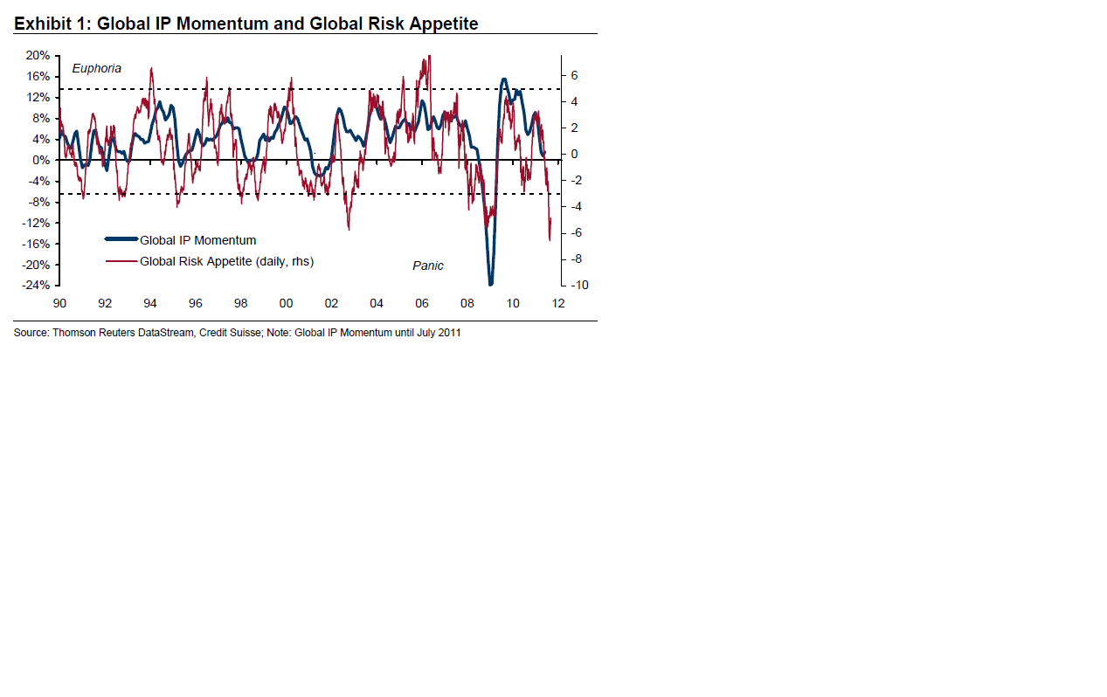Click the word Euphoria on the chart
point(96,68)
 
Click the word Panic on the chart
point(428,266)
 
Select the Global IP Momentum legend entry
point(197,240)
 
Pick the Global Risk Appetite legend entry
point(226,260)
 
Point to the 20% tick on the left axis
point(38,55)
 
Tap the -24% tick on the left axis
point(36,286)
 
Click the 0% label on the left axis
point(41,160)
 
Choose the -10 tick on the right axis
point(579,286)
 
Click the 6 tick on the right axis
point(575,76)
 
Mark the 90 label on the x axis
point(59,303)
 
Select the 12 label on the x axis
point(558,303)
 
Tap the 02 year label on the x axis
point(331,303)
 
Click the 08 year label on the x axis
point(467,303)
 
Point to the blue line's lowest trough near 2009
point(491,284)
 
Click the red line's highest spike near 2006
point(428,58)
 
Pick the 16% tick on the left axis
point(38,76)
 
